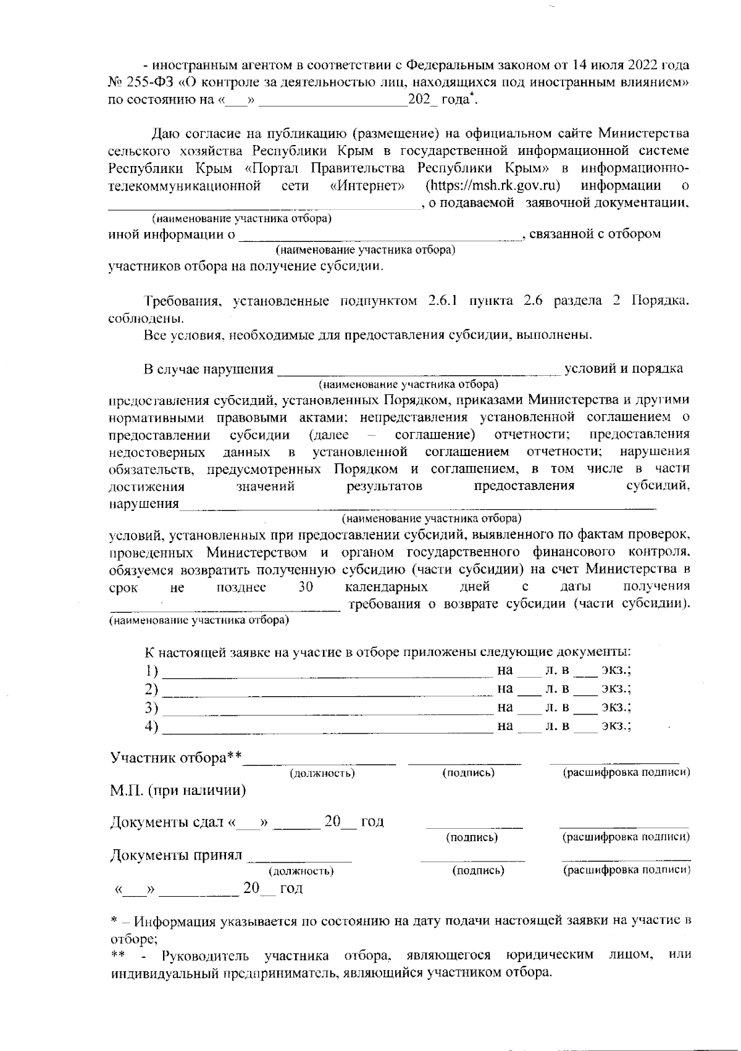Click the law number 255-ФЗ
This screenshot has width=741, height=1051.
tap(143, 82)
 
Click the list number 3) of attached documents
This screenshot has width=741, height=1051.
tap(151, 708)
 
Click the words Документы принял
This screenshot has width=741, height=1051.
tap(175, 856)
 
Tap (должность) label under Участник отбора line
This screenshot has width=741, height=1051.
tap(322, 773)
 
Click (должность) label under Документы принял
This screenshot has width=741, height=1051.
tap(301, 871)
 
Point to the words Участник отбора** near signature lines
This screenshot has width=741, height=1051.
tap(175, 758)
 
